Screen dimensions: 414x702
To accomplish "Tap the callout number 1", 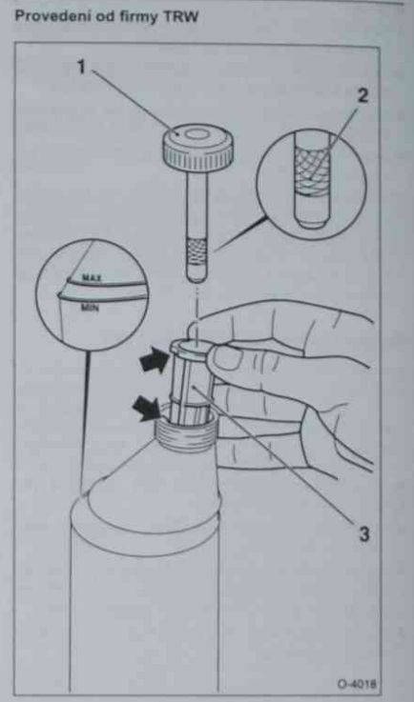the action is tap(81, 68).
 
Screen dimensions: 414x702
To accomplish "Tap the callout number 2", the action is tap(362, 96).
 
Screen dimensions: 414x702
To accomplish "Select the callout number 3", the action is tap(362, 533).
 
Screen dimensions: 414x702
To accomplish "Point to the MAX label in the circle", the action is tap(92, 278).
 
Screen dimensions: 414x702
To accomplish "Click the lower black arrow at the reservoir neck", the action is tap(147, 409).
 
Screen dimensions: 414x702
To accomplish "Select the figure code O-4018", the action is tap(357, 684).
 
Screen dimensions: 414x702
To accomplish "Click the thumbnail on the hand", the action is tap(229, 359).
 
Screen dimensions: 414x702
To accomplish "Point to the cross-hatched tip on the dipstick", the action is tap(197, 253).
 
